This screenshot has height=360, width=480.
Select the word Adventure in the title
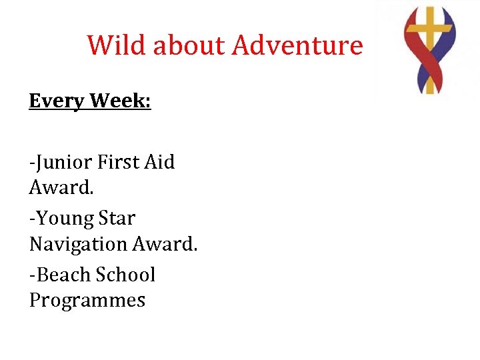[x=297, y=45]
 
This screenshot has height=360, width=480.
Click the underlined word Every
[x=57, y=101]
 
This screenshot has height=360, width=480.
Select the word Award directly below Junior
[x=60, y=187]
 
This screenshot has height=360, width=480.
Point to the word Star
[x=117, y=218]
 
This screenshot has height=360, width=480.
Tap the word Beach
[x=64, y=275]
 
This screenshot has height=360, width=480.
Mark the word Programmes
[x=87, y=300]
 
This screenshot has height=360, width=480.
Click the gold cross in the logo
[x=430, y=30]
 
